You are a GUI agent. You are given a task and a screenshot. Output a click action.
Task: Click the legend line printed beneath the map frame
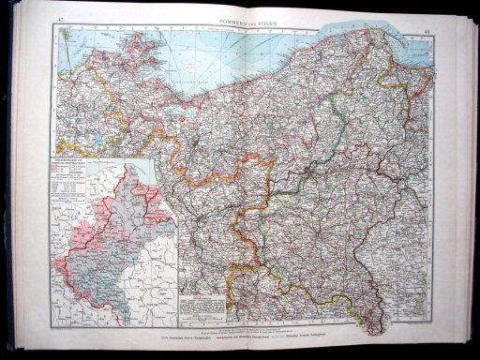[x=244, y=335]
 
